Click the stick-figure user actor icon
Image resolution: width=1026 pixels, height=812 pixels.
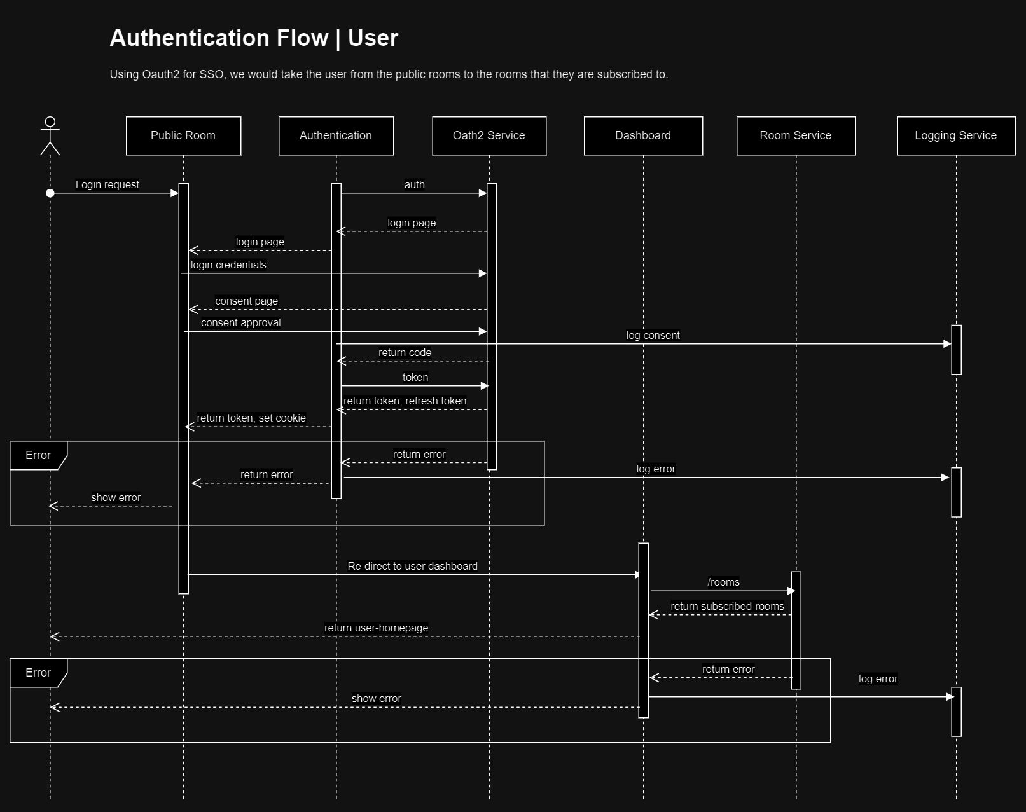point(50,135)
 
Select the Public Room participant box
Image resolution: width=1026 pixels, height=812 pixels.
point(183,135)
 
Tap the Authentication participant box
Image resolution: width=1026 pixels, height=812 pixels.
point(336,135)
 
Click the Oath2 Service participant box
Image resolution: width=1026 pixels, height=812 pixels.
point(489,135)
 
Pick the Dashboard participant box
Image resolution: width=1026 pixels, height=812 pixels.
point(643,135)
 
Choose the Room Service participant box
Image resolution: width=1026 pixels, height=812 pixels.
point(796,135)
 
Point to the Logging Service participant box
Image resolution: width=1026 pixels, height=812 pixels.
point(956,135)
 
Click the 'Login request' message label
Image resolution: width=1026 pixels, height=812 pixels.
point(107,185)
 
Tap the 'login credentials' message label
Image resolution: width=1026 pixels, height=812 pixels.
point(228,265)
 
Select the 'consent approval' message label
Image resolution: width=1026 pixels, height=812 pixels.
point(241,323)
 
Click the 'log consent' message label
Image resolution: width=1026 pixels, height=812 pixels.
point(653,336)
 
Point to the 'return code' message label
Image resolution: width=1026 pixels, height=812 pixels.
point(405,353)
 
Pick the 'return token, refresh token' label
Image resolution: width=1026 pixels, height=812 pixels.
point(405,401)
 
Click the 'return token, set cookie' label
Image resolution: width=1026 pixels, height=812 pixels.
point(251,418)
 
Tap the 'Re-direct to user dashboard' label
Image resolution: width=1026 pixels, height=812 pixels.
point(413,567)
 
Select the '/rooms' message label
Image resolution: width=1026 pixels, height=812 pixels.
point(724,582)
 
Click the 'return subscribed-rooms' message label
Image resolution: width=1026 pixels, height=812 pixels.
point(728,607)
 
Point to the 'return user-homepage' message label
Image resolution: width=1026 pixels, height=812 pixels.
point(377,628)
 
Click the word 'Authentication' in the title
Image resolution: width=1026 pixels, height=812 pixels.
point(219,38)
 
